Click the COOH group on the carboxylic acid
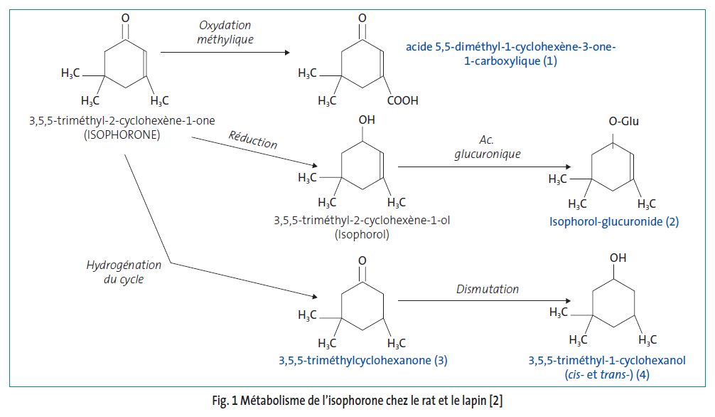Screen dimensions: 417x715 click(402, 101)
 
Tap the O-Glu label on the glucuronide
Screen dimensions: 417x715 click(623, 122)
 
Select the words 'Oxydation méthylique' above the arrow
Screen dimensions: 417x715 click(225, 31)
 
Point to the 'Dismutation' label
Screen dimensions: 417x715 click(487, 289)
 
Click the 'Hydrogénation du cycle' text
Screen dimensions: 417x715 click(124, 272)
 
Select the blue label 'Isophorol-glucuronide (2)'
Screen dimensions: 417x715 click(613, 221)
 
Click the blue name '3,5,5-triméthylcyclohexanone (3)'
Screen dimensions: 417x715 click(362, 360)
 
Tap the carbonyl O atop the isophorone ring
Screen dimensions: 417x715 click(126, 17)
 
